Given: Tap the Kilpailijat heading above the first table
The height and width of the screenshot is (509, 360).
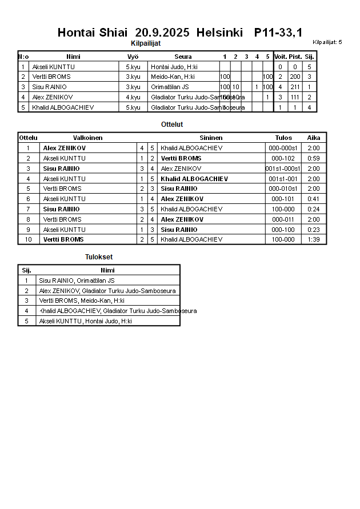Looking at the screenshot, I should [x=146, y=43].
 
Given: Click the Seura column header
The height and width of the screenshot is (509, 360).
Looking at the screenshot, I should [x=183, y=57].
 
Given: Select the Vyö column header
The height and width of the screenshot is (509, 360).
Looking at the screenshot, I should [x=133, y=57].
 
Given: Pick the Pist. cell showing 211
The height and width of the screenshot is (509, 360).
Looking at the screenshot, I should [x=295, y=87].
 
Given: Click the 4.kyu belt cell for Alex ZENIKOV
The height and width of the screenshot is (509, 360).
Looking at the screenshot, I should [x=133, y=97].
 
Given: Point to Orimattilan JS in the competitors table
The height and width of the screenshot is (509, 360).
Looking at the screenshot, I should [x=170, y=87].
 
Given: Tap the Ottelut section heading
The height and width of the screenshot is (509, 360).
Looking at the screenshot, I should [x=172, y=125].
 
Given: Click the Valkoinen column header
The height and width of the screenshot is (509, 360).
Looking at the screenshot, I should [x=87, y=138].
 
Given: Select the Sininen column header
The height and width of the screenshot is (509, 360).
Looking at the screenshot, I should [x=211, y=138].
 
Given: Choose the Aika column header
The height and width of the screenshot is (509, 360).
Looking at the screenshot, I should [x=314, y=138].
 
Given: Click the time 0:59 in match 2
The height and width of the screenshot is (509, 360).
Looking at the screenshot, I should [x=314, y=158].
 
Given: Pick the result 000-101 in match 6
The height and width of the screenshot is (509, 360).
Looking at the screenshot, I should [x=283, y=199].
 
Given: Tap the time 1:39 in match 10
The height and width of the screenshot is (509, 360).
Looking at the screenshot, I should [x=314, y=239].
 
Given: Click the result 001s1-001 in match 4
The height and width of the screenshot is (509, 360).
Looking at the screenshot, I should [x=283, y=179].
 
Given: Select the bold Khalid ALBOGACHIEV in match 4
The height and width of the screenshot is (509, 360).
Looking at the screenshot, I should [x=194, y=179].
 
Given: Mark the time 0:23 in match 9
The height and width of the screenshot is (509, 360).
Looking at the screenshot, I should [x=314, y=230].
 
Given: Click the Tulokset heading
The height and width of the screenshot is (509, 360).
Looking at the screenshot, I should [x=99, y=257].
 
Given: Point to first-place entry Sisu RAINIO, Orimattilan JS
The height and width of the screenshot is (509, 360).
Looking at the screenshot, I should [x=77, y=280].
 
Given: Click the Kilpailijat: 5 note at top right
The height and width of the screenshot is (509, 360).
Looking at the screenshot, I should [x=327, y=42].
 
